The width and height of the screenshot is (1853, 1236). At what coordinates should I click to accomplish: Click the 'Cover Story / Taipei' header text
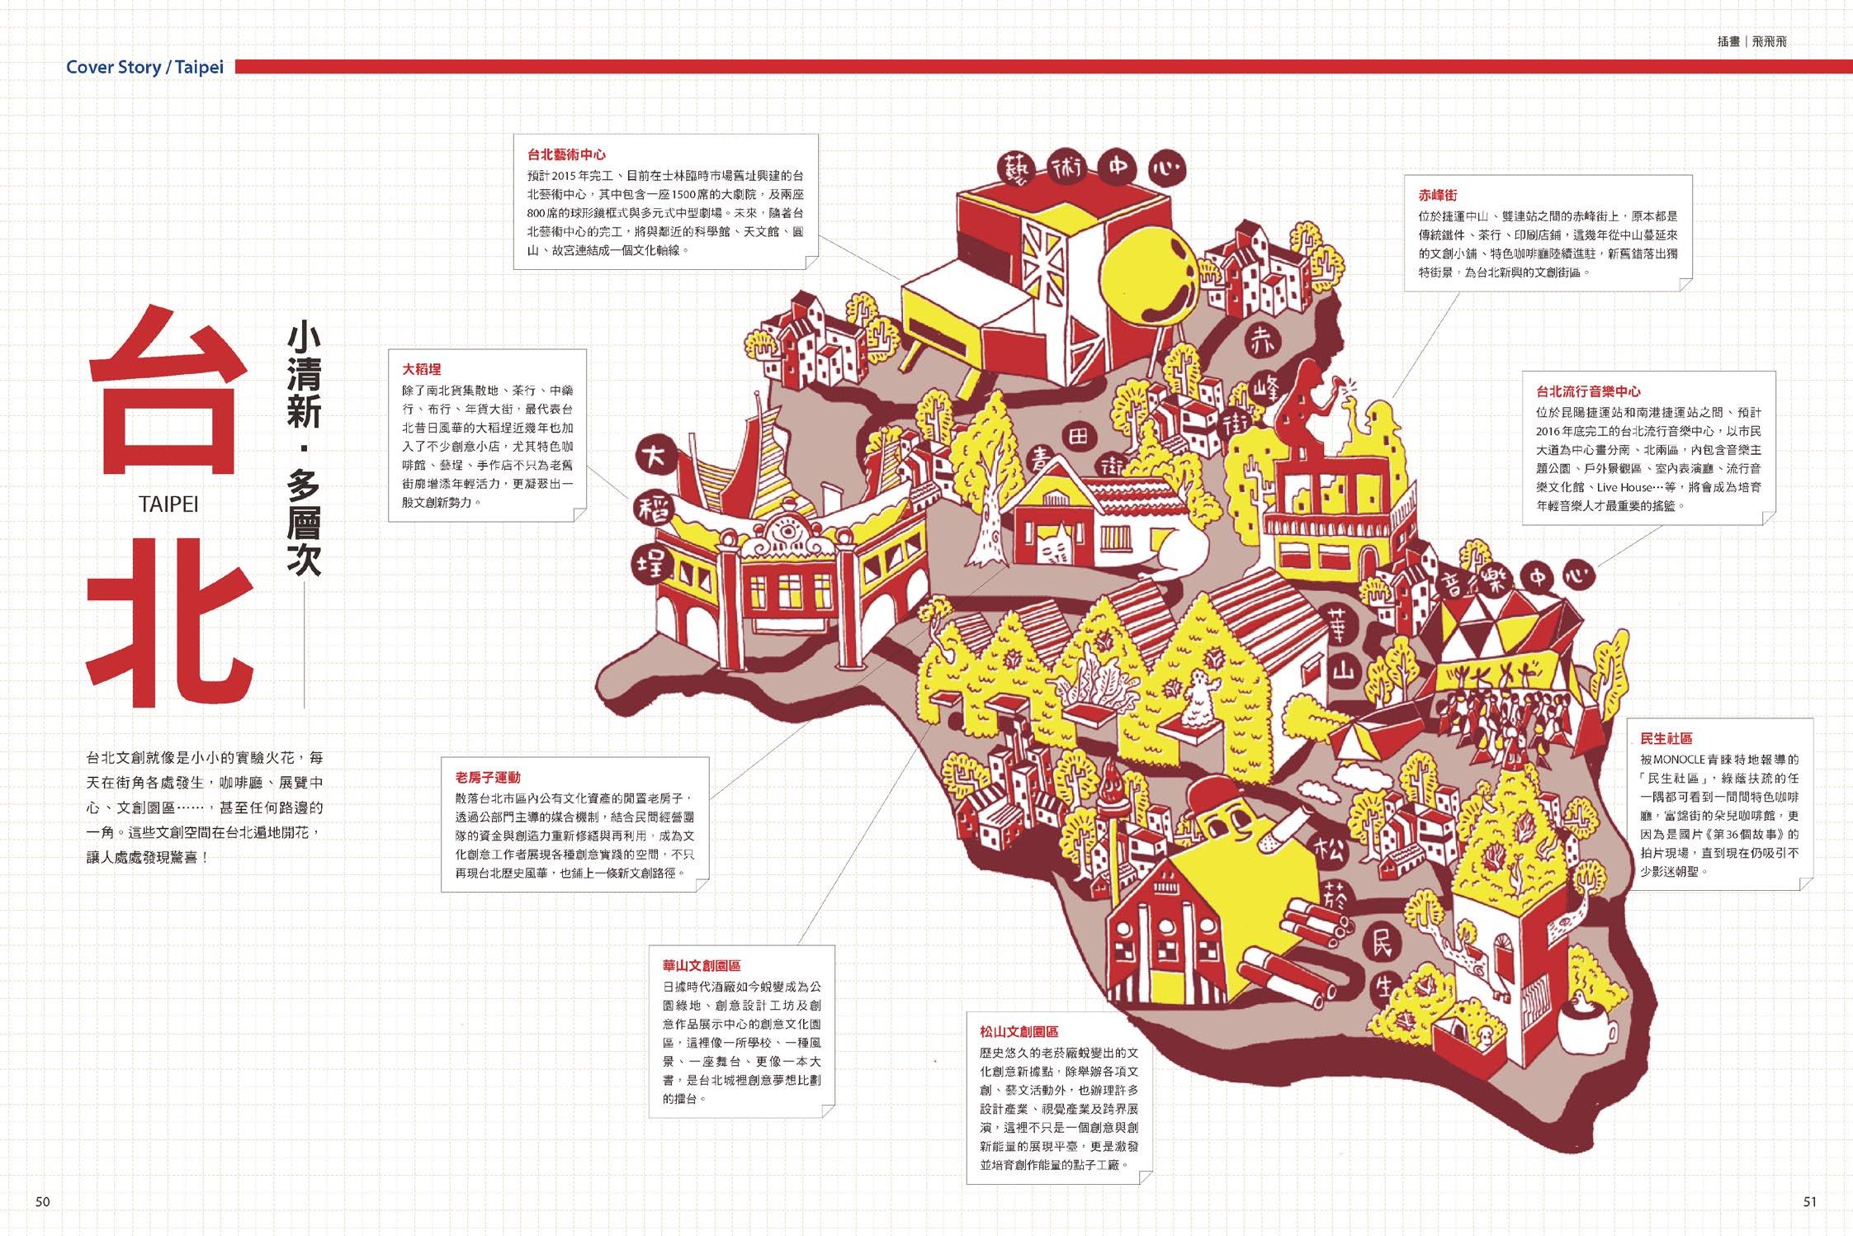tap(144, 67)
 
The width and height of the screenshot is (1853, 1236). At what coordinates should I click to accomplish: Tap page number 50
tap(43, 1201)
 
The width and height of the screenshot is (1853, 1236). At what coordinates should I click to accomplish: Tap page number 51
tap(1809, 1201)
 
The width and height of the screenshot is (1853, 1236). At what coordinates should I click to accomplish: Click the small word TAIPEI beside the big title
tap(169, 504)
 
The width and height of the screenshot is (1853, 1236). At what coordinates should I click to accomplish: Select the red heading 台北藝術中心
tap(566, 154)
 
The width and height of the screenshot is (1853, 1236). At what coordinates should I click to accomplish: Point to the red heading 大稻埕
tap(422, 369)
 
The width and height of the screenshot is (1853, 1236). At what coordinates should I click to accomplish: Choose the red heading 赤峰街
tap(1438, 195)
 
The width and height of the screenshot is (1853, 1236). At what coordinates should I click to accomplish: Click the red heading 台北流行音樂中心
tap(1588, 391)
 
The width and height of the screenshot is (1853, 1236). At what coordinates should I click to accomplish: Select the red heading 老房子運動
tap(488, 777)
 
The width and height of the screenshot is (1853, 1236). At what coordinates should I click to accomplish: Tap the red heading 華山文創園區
tap(701, 965)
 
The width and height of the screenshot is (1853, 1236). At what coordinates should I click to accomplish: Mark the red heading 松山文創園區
tap(1019, 1031)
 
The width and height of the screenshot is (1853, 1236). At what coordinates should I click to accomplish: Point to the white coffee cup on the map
tap(1581, 1027)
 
